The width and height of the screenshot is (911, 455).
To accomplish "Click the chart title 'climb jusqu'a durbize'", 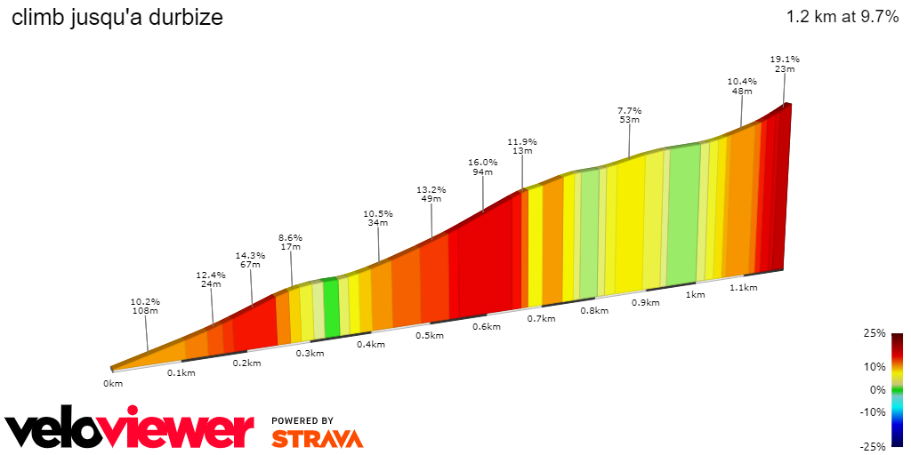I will pyautogui.click(x=117, y=17).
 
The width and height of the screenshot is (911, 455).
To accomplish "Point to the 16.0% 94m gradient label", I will pyautogui.click(x=483, y=167).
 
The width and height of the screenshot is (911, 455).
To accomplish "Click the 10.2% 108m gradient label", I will pyautogui.click(x=145, y=306).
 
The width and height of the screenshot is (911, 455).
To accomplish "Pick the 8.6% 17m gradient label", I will pyautogui.click(x=290, y=243).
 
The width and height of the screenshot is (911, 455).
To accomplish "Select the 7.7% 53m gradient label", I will pyautogui.click(x=629, y=116).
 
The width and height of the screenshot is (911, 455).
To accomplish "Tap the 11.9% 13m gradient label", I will pyautogui.click(x=522, y=147).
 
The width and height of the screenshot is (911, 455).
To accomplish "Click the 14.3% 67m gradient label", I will pyautogui.click(x=250, y=259).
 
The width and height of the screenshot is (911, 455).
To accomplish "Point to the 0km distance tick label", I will pyautogui.click(x=112, y=383).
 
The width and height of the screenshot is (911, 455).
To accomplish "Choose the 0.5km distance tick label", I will pyautogui.click(x=429, y=335).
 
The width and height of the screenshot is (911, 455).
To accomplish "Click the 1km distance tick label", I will pyautogui.click(x=695, y=295).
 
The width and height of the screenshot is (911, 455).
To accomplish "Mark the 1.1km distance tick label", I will pyautogui.click(x=743, y=288).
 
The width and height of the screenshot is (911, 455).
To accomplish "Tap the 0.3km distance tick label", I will pyautogui.click(x=310, y=353).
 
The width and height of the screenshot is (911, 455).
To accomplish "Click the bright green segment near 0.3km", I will pyautogui.click(x=331, y=309).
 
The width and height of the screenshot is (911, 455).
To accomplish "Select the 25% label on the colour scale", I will pyautogui.click(x=875, y=333).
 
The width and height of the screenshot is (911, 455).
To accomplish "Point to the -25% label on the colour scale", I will pyautogui.click(x=873, y=446).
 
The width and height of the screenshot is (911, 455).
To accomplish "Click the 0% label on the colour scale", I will pyautogui.click(x=877, y=389).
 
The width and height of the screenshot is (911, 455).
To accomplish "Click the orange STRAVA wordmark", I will pyautogui.click(x=317, y=438).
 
